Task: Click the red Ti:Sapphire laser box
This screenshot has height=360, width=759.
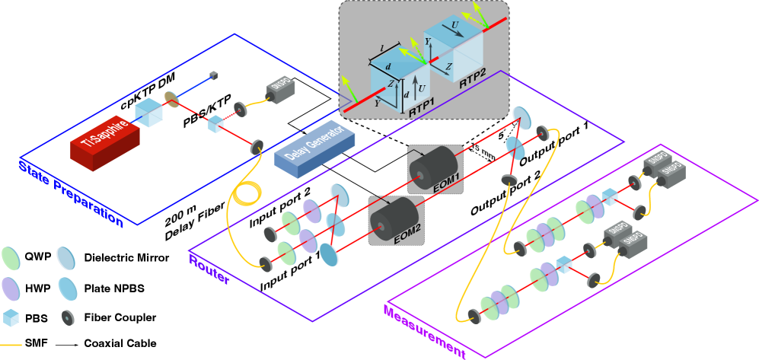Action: click(104, 141)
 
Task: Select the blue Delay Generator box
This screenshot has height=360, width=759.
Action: click(314, 148)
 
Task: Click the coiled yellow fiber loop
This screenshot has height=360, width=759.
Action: click(245, 191)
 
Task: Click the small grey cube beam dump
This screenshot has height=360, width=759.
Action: click(214, 75)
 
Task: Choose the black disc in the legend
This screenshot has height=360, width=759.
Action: click(68, 317)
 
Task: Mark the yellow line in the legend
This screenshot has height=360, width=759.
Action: click(11, 345)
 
